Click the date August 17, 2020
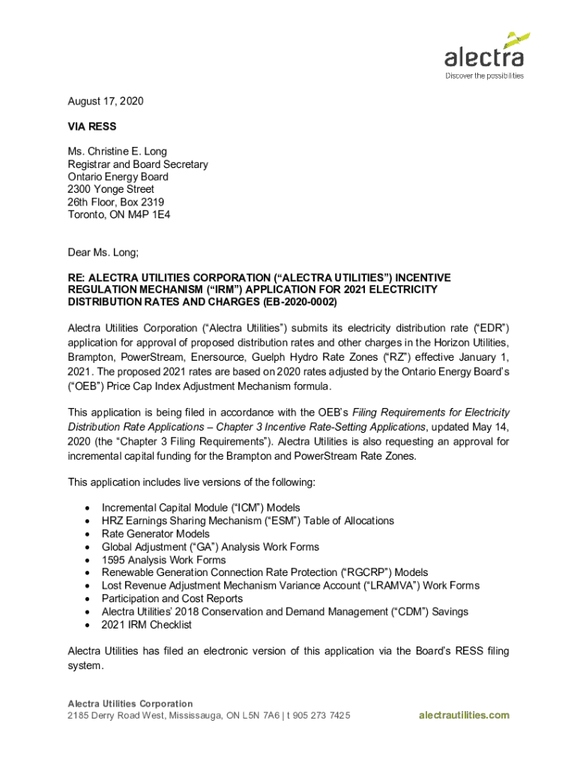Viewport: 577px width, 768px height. point(106,101)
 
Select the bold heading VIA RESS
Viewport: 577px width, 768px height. point(92,127)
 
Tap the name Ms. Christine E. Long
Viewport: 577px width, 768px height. point(118,151)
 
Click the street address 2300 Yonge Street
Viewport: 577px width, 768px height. point(111,190)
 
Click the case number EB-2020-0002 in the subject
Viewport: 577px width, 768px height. point(300,302)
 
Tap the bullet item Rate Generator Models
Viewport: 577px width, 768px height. point(156,534)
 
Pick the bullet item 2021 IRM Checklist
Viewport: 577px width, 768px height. point(147,625)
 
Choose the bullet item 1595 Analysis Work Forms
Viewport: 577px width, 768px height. point(163,560)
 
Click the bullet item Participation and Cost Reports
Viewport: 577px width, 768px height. point(172,598)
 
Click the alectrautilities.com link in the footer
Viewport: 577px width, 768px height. point(464,715)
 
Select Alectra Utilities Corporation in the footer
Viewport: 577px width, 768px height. point(130,703)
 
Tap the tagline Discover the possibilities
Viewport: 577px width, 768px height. point(485,76)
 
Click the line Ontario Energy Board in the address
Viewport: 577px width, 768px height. point(118,177)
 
